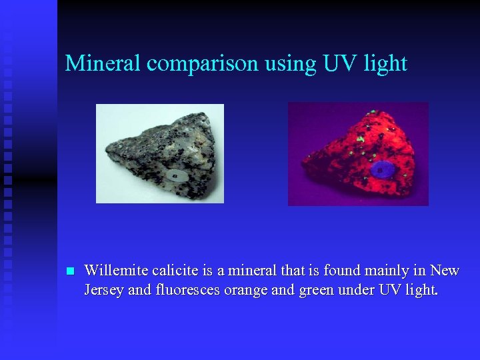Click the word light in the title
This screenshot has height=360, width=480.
pyautogui.click(x=386, y=64)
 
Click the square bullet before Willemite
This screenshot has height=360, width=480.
pyautogui.click(x=69, y=271)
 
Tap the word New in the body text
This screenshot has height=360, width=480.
pyautogui.click(x=445, y=270)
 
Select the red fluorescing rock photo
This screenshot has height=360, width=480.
pyautogui.click(x=358, y=154)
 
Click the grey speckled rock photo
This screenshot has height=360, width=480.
pyautogui.click(x=160, y=153)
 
